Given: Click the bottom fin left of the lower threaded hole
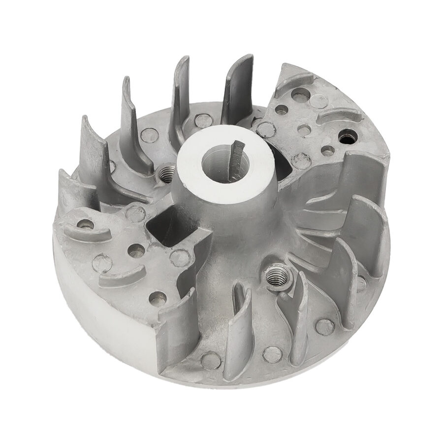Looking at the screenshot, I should [x=239, y=330].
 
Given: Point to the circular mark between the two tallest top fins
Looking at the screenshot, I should [x=203, y=120].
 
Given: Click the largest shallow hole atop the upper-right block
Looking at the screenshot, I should [x=300, y=95].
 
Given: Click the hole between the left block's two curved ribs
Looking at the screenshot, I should [x=136, y=251].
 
